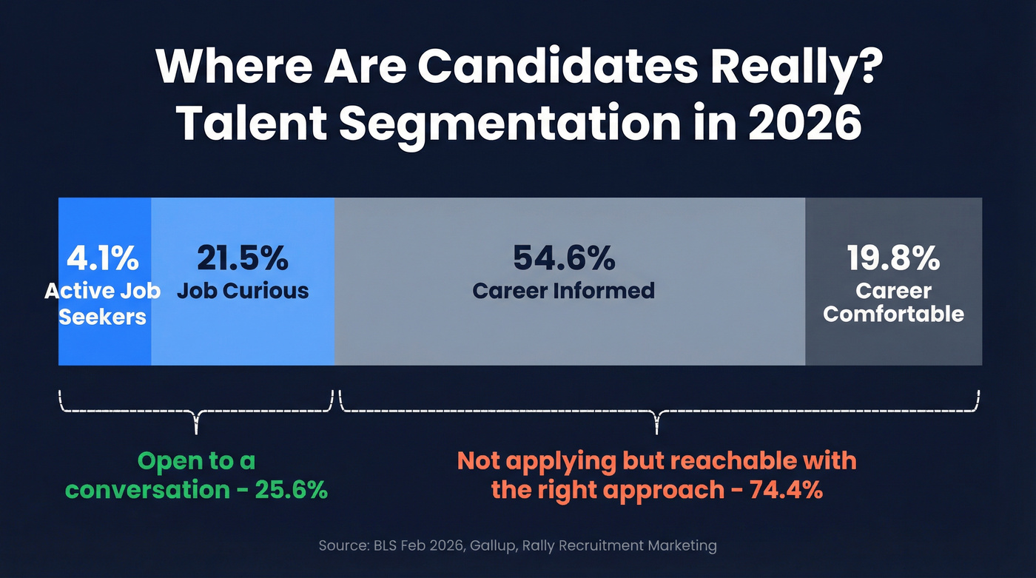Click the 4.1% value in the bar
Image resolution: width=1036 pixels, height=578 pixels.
point(102,259)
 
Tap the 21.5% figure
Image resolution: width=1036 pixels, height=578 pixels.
point(243,258)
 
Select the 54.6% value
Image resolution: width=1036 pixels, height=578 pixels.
point(564,258)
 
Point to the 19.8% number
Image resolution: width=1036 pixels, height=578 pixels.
point(893,259)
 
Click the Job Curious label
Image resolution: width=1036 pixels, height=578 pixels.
point(243,290)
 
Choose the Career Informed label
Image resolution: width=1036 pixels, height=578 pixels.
point(564,290)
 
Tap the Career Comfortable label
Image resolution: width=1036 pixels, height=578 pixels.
point(893,302)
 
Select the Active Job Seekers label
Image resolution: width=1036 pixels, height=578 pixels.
point(102,303)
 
